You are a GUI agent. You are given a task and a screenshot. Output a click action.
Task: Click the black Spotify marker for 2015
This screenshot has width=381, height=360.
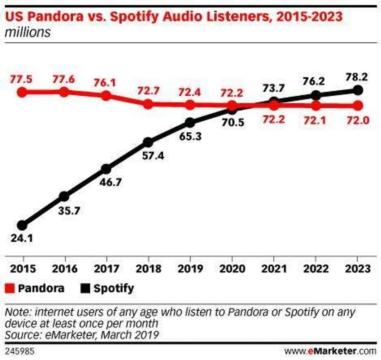[x=22, y=225]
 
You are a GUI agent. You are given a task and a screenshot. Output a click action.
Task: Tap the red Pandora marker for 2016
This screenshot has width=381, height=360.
[x=64, y=92]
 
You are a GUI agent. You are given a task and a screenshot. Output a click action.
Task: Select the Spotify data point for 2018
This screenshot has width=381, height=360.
[x=148, y=142]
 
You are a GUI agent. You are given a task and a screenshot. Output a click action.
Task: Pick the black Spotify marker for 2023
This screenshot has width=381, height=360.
[x=358, y=90]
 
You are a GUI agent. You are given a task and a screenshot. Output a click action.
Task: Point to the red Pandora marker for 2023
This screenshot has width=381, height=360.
[x=358, y=106]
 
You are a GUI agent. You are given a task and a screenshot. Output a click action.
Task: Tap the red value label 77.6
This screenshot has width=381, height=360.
[x=64, y=80]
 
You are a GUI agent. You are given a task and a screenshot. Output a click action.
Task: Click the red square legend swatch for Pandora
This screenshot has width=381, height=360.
[x=11, y=288]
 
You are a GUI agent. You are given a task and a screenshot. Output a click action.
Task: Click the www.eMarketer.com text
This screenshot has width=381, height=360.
[x=331, y=352]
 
